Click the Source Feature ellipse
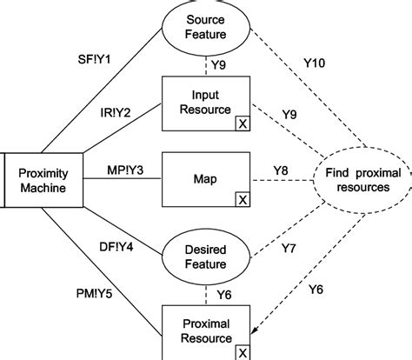pos(206,29)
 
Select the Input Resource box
pos(206,104)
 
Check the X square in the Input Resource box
pos(242,123)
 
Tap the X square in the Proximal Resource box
pos(242,350)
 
